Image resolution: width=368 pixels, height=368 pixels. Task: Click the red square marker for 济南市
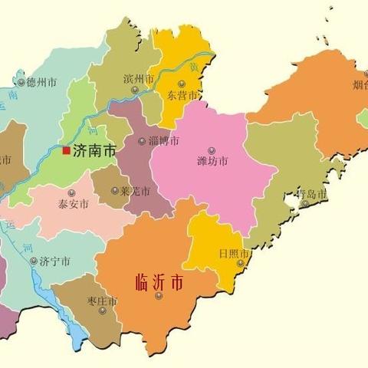pyautogui.click(x=67, y=151)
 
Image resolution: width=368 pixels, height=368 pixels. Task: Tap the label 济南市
pyautogui.click(x=94, y=152)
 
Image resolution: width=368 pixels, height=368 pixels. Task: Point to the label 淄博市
pyautogui.click(x=163, y=141)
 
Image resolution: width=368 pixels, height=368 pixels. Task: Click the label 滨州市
pyautogui.click(x=139, y=79)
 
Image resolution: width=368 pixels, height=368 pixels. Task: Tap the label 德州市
pyautogui.click(x=41, y=82)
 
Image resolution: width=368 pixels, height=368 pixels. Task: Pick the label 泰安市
pyautogui.click(x=73, y=205)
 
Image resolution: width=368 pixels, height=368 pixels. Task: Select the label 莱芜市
pyautogui.click(x=134, y=191)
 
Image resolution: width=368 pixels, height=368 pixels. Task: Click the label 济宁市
pyautogui.click(x=54, y=261)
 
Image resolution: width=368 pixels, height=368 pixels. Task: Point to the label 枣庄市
pyautogui.click(x=100, y=302)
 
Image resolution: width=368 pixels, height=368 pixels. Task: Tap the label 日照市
pyautogui.click(x=233, y=254)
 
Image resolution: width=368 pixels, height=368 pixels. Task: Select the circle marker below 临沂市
pyautogui.click(x=159, y=296)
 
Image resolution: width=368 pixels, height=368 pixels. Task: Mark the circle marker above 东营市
pyautogui.click(x=182, y=84)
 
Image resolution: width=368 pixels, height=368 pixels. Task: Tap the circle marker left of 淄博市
pyautogui.click(x=142, y=141)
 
